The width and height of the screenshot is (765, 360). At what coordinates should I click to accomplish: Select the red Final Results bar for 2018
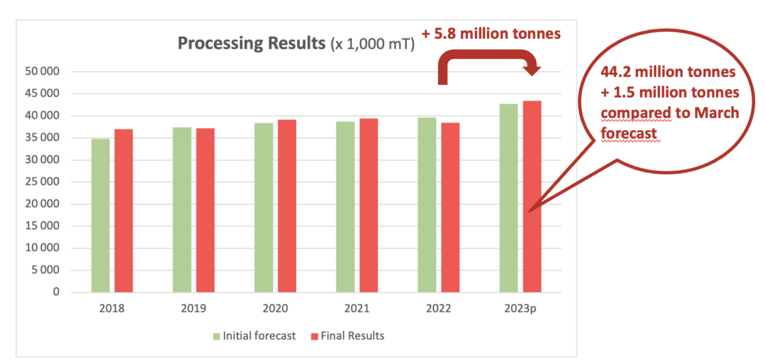coord(124,211)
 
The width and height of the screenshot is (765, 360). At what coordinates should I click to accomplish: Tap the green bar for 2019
coord(182,210)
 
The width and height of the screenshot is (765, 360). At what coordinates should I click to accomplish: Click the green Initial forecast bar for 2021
coord(346,206)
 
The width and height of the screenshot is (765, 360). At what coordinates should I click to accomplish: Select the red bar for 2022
coord(450,208)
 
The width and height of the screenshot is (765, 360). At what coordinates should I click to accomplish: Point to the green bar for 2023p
coord(508,198)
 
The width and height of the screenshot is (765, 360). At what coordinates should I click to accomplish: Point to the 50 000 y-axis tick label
coord(45,71)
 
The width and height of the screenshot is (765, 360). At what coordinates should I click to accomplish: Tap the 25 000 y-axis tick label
coord(45,182)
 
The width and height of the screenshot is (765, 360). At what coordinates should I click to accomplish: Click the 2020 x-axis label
coord(275,309)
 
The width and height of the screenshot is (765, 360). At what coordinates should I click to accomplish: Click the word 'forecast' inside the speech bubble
coord(628,133)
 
